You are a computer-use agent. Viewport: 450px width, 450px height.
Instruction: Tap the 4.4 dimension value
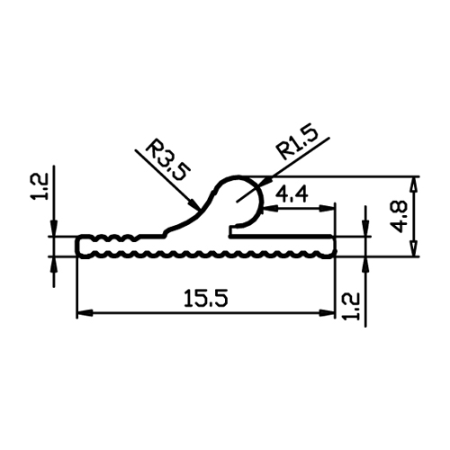click(x=292, y=194)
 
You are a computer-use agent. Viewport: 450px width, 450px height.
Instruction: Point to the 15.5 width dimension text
click(x=206, y=298)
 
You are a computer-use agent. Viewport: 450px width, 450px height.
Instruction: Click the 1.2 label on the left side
click(x=39, y=186)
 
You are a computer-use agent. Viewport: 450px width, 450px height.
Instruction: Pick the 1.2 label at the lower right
click(x=351, y=306)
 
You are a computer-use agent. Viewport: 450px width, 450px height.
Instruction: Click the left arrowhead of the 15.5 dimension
click(x=84, y=313)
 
